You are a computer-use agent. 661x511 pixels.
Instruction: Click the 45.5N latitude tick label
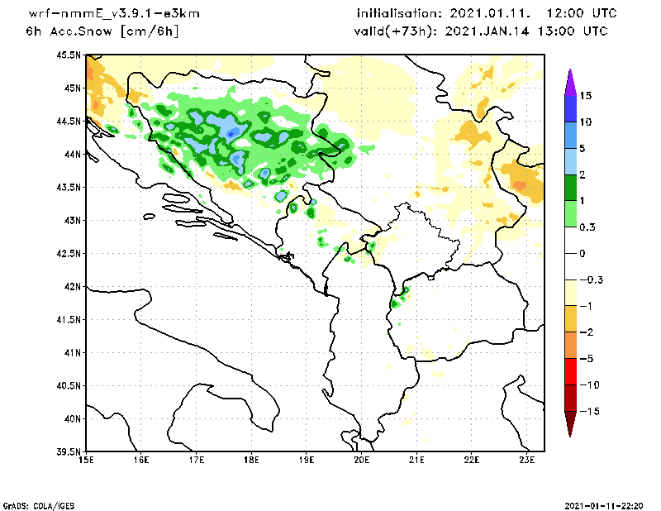[69, 55]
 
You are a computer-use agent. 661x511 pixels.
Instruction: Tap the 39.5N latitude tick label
[69, 452]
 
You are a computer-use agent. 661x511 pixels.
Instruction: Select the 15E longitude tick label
[85, 461]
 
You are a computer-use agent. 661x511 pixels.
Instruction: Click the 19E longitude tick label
[307, 461]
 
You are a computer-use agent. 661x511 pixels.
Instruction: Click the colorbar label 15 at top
[585, 95]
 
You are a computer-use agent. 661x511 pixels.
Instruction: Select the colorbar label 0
[583, 253]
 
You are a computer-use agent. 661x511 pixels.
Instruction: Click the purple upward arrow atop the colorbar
[569, 80]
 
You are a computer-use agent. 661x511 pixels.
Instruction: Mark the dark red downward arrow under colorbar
[569, 423]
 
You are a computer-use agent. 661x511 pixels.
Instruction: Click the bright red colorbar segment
[569, 371]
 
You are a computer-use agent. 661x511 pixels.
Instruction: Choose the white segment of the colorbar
[569, 253]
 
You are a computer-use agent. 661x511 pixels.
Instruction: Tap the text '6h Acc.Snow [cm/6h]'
[102, 31]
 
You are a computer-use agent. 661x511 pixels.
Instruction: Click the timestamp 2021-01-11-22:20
[607, 504]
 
